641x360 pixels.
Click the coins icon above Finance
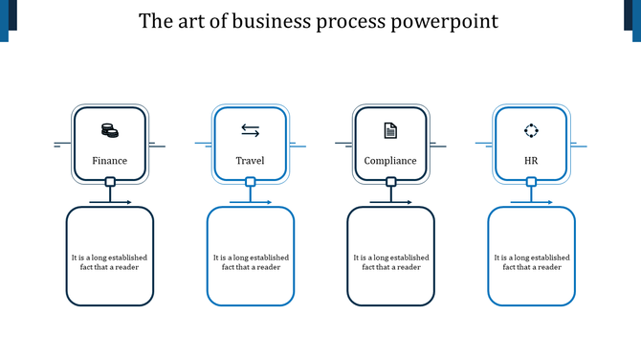109,130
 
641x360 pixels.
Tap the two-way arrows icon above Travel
250,130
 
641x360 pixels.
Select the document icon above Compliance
390,130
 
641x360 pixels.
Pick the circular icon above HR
531,130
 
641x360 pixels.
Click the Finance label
109,161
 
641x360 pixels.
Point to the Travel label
250,161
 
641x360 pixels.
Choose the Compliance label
390,161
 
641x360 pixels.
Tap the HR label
531,161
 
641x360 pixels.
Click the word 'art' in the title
188,21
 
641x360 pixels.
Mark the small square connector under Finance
110,182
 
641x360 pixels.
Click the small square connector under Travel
251,182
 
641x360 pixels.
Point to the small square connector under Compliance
390,182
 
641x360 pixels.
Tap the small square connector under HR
531,182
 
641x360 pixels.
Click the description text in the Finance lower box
109,262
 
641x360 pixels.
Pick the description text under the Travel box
250,262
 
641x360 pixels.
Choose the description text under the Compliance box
390,262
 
